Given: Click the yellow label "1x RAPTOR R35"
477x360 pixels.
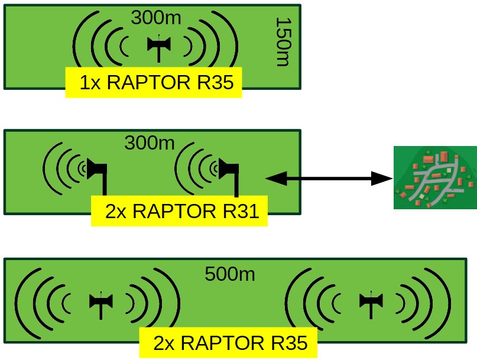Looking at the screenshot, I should tap(153, 83).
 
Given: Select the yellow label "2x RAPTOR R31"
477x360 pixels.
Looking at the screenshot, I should tap(179, 211).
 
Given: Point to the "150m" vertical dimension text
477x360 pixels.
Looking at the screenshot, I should tap(283, 41).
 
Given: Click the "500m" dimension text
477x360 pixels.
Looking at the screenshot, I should tap(230, 274).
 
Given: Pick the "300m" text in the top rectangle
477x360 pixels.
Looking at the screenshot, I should tap(156, 18).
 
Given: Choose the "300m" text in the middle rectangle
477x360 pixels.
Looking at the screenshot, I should tap(150, 142).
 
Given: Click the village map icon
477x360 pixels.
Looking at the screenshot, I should tap(435, 177).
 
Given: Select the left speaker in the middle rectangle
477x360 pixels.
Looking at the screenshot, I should tap(96, 171).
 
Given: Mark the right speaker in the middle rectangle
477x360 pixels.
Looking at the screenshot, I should tap(229, 171).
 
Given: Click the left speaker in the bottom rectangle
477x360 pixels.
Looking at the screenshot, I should tap(100, 302).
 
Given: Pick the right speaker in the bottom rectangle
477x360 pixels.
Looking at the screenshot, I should tap(371, 302).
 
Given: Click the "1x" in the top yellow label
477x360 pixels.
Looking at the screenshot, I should tap(89, 83).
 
